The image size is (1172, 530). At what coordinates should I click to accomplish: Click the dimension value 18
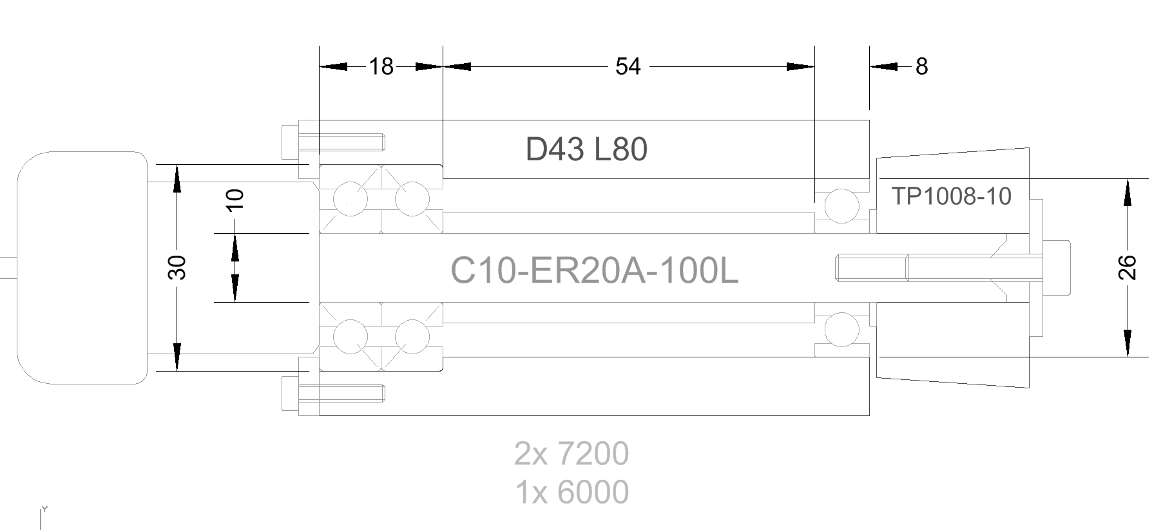click(381, 66)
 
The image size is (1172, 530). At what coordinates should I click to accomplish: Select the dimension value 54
click(628, 66)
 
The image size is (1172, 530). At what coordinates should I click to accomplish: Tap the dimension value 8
click(921, 66)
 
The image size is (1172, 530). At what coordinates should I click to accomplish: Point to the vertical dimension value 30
click(177, 267)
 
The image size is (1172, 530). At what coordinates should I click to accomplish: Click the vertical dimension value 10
click(236, 200)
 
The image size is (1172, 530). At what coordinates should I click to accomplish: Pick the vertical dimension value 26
click(1128, 267)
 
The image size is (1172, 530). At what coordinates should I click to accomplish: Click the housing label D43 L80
click(586, 150)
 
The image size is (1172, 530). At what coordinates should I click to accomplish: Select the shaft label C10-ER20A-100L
click(594, 271)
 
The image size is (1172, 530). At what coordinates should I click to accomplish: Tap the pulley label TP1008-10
click(951, 196)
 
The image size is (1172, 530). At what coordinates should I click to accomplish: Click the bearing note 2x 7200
click(572, 454)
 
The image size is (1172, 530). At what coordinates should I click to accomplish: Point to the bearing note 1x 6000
click(572, 493)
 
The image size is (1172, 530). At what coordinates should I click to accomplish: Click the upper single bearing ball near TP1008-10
click(841, 206)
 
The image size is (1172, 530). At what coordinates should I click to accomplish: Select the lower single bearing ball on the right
click(841, 329)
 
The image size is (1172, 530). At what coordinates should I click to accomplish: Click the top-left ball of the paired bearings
click(351, 198)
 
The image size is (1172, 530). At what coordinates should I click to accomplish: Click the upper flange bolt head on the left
click(291, 142)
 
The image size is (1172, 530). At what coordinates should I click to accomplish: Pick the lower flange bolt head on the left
click(291, 393)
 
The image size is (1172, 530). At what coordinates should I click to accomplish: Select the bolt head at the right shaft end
click(1056, 268)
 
